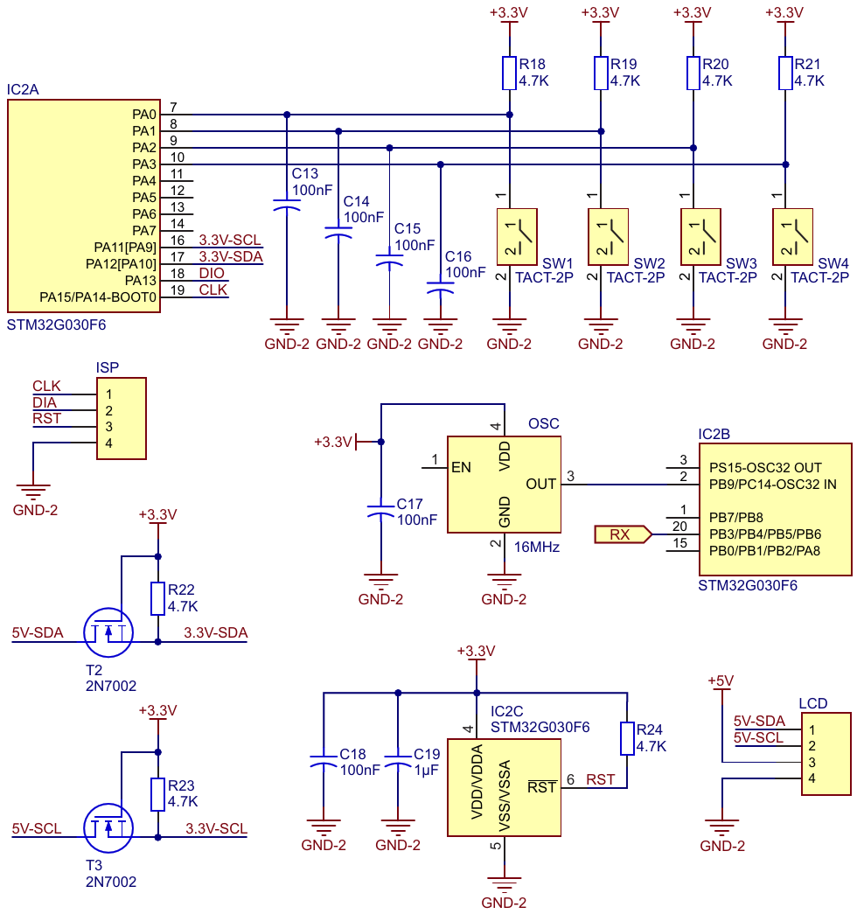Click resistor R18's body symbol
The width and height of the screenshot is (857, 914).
tap(509, 73)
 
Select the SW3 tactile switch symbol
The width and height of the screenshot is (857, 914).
tap(700, 237)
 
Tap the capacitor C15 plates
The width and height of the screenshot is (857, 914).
tap(389, 260)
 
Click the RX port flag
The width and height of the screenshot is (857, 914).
tap(624, 534)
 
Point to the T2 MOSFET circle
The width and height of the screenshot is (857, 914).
tap(108, 632)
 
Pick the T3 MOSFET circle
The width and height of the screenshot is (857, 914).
tap(108, 828)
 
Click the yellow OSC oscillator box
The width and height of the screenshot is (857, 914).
tap(504, 485)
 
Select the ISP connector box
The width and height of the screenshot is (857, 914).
tap(122, 419)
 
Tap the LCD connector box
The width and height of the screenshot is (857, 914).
tap(826, 754)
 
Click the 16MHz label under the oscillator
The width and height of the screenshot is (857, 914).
tap(536, 547)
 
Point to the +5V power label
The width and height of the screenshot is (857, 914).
tap(721, 680)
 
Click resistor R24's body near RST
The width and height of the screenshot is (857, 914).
tap(627, 738)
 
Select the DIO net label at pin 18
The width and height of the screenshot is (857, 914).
tap(212, 273)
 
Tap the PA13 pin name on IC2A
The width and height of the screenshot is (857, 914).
tap(141, 281)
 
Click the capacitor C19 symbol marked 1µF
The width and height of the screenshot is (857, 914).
tap(398, 761)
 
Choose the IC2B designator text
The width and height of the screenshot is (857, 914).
tap(714, 435)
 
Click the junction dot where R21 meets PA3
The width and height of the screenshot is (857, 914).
tap(785, 164)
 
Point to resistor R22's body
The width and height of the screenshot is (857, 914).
tap(157, 598)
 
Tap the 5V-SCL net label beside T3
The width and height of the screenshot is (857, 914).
tap(37, 828)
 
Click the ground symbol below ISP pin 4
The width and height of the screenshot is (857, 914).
tap(33, 492)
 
